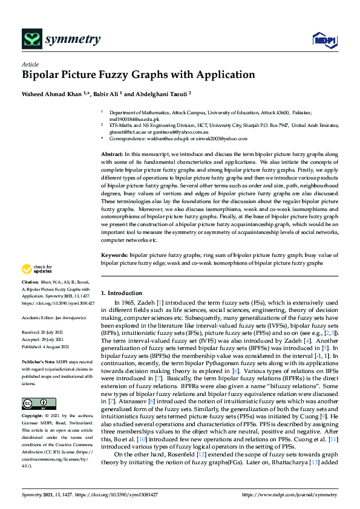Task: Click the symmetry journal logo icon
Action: [x=31, y=40]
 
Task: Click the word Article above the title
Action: [x=30, y=64]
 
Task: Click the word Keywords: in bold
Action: [x=115, y=255]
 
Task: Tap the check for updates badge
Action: [x=36, y=269]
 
